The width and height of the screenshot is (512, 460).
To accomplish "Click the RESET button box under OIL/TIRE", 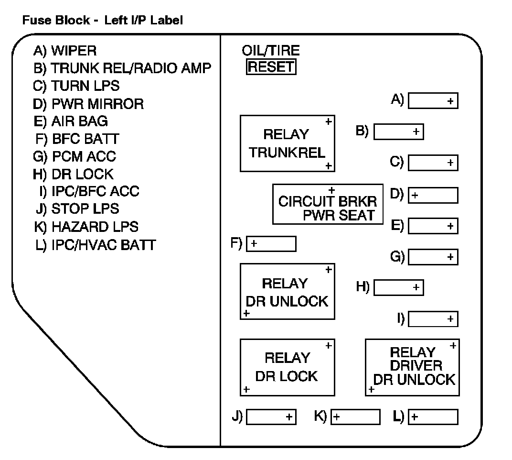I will (x=271, y=67).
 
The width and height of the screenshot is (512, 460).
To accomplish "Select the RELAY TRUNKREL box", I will (x=288, y=143).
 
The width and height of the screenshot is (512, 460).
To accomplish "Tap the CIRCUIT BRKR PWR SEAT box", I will (x=328, y=204).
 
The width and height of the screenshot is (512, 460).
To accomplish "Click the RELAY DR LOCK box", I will (x=287, y=367).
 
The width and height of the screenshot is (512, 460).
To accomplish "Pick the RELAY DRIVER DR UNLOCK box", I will (x=412, y=367).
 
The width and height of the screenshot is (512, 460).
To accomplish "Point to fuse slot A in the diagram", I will (x=433, y=101).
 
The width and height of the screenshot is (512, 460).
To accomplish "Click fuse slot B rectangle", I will (x=398, y=131).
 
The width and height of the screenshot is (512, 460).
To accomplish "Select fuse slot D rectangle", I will (x=434, y=195).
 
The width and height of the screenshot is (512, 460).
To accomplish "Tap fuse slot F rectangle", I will (x=271, y=244).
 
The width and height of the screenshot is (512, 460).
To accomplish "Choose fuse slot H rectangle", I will (x=398, y=288).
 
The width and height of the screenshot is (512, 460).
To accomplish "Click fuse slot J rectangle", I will (x=271, y=417).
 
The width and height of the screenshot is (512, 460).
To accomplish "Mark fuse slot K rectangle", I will (x=356, y=417).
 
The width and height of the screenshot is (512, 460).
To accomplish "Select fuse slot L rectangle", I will (x=434, y=417).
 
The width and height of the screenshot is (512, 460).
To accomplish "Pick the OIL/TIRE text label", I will (x=271, y=51).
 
